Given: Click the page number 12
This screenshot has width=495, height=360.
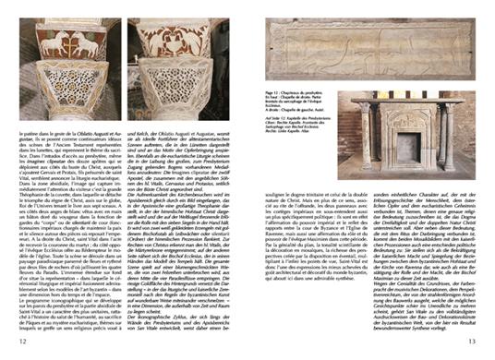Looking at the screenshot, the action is tap(21, 342).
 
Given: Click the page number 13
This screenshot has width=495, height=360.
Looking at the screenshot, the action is tap(472, 342).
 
